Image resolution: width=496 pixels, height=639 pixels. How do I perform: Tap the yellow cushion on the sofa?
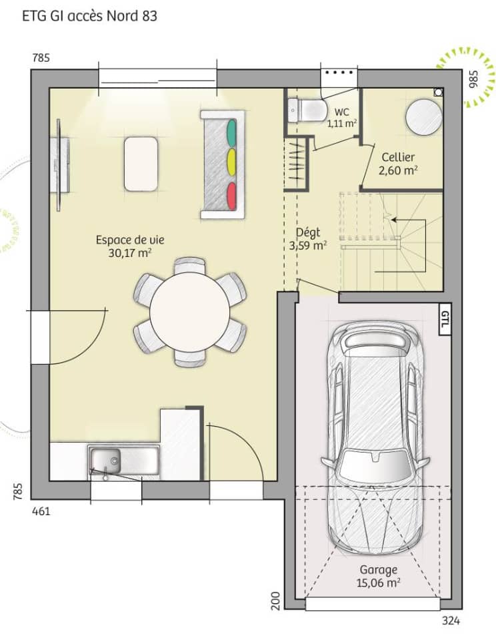(232, 162)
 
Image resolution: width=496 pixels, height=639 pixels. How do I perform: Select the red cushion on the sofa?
(232, 195)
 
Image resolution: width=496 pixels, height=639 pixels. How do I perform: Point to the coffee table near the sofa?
(141, 163)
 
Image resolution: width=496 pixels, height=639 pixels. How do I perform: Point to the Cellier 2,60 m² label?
(398, 164)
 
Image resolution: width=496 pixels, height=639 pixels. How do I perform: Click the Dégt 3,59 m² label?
(308, 238)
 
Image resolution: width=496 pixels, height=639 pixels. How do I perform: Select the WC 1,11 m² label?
(342, 117)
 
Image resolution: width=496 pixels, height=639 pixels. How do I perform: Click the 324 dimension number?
(451, 622)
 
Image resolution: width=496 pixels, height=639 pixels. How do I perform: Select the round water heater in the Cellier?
(424, 117)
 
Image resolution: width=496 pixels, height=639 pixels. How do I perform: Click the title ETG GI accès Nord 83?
(90, 16)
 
